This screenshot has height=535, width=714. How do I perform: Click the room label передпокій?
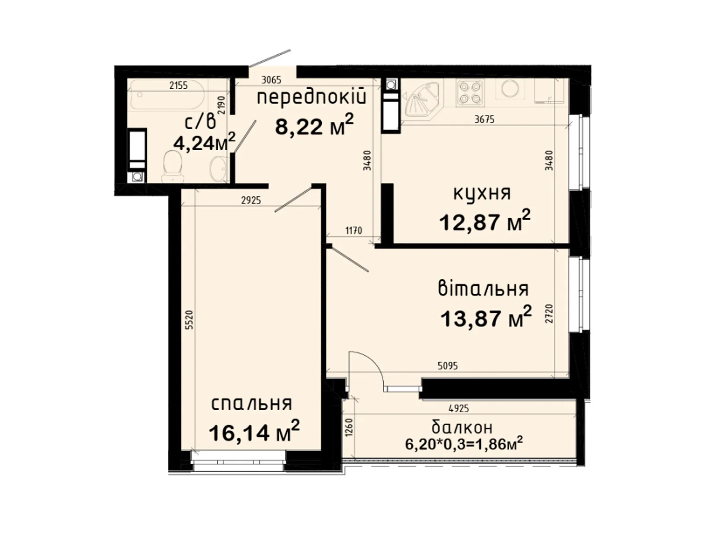[x=311, y=97]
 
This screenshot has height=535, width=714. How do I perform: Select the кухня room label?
[x=482, y=194]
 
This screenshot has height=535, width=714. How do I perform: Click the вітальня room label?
[x=483, y=288]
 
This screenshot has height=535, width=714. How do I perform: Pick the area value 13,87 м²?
[x=486, y=317]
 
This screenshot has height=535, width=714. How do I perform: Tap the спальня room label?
[x=251, y=404]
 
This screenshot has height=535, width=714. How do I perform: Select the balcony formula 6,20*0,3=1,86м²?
[x=464, y=444]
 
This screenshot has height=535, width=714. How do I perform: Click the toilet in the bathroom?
[x=172, y=166]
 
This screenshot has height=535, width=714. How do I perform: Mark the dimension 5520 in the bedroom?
[x=189, y=320]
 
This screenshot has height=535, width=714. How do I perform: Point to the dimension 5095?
[x=448, y=366]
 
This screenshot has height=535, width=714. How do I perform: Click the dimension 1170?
[x=353, y=231]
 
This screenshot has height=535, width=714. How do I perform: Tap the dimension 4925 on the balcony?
[x=459, y=408]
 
